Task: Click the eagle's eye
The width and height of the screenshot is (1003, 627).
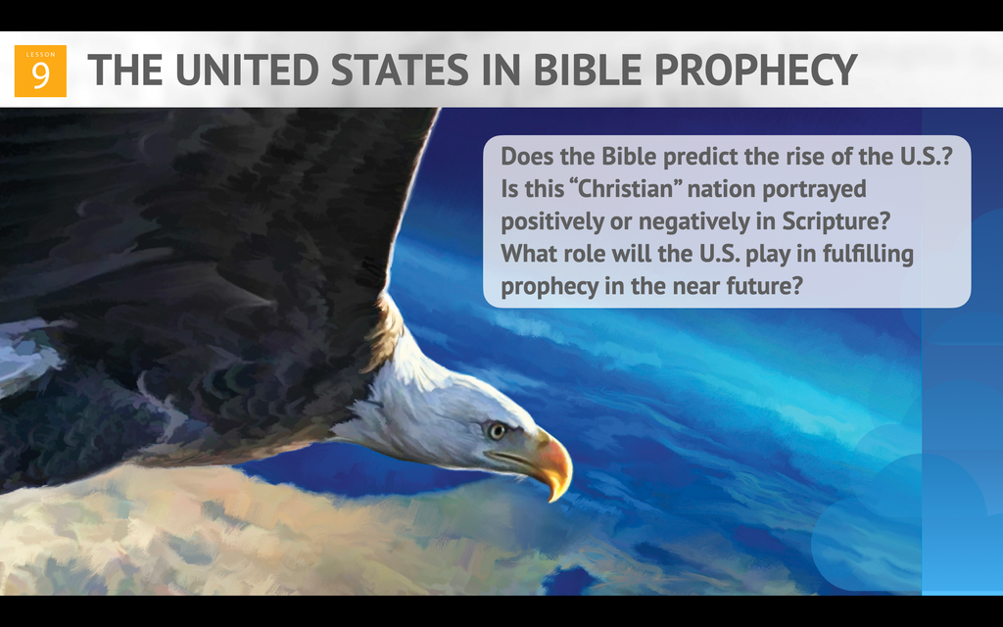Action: [497, 431]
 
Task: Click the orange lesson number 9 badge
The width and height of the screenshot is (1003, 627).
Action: [40, 71]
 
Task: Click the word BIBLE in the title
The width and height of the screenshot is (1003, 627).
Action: [588, 70]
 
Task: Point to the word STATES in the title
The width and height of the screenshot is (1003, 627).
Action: [400, 70]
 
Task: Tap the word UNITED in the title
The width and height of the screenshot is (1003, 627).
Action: [246, 70]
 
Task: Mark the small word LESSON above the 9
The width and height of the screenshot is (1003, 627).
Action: [40, 55]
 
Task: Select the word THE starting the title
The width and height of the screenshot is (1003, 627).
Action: [124, 70]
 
